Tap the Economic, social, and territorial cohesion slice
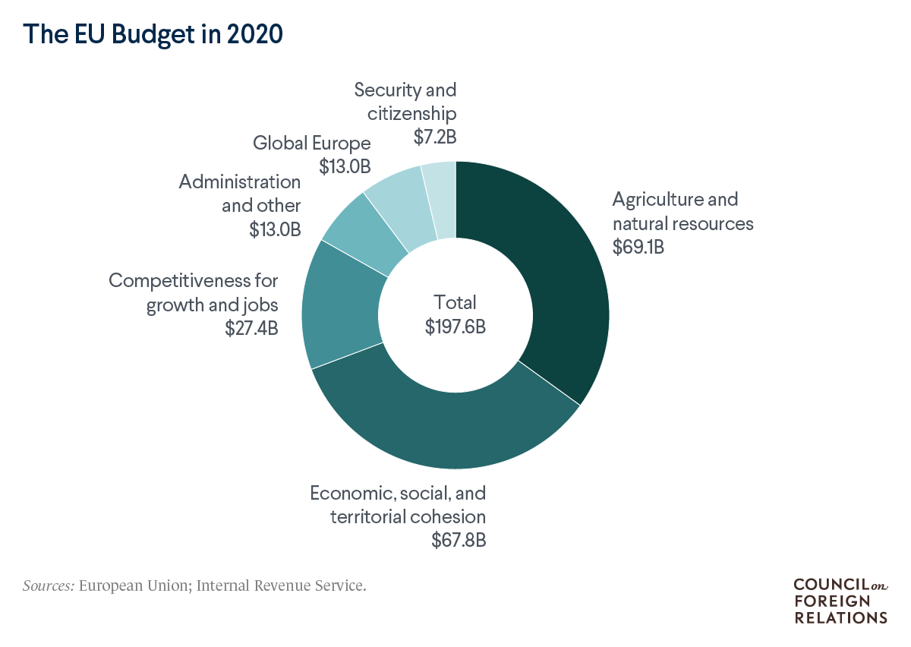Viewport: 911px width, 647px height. [x=448, y=425]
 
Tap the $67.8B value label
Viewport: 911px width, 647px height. [x=459, y=541]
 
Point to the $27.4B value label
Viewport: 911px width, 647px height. [x=251, y=329]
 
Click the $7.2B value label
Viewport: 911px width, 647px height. [x=435, y=137]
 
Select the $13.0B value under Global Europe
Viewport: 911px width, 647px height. [x=345, y=166]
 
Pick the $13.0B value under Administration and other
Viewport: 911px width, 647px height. [x=275, y=229]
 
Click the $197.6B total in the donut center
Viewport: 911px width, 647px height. [x=455, y=327]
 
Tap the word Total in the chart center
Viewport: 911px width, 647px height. [x=455, y=302]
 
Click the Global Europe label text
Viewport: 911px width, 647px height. [x=312, y=143]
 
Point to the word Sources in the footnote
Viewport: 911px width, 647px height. [x=48, y=586]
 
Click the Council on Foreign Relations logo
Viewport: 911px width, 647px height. [x=840, y=601]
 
